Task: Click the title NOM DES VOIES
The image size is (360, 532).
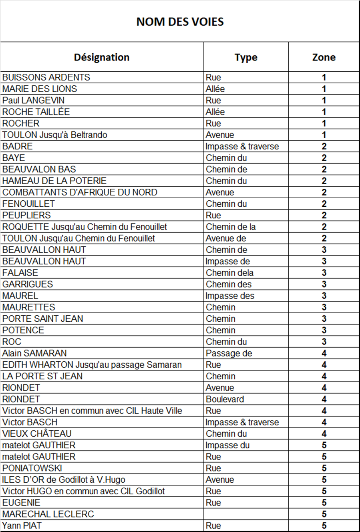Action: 180,22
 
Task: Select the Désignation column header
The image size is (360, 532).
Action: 102,57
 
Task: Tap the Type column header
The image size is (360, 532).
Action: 246,57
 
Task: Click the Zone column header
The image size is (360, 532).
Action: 324,57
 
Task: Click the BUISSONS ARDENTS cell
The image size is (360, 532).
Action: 46,77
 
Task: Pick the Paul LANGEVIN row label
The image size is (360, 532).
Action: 34,100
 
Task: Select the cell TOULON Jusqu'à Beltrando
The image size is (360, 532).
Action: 55,135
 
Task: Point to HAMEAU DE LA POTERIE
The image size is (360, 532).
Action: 54,181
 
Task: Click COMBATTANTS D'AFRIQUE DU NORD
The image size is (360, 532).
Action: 80,192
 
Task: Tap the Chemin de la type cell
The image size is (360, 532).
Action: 231,227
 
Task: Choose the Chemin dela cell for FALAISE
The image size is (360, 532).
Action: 229,273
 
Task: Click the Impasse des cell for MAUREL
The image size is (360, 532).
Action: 230,296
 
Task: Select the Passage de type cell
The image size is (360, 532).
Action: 229,353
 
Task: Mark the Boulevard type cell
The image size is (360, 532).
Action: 225,399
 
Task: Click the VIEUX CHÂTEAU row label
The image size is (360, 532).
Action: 37,433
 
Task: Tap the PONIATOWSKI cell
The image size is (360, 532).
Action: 32,468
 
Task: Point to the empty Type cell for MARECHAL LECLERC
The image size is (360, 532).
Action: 246,514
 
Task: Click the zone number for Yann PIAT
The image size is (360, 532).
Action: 324,526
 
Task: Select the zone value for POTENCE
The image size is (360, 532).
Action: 324,330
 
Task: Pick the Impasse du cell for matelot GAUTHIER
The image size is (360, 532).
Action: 227,445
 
